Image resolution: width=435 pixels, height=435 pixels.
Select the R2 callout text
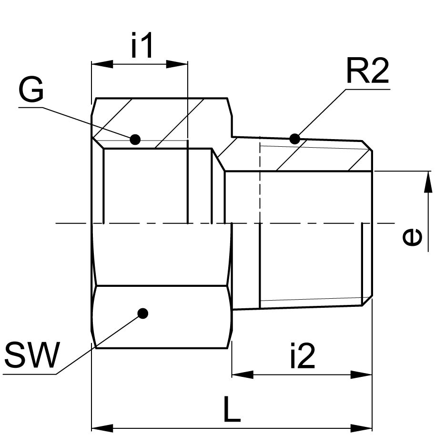point(367,72)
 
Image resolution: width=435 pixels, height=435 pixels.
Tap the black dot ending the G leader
point(135,140)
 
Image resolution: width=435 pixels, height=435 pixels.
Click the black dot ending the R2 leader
point(295,139)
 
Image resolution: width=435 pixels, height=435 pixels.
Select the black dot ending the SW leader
point(142,313)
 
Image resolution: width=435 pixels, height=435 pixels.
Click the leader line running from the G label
point(86,123)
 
